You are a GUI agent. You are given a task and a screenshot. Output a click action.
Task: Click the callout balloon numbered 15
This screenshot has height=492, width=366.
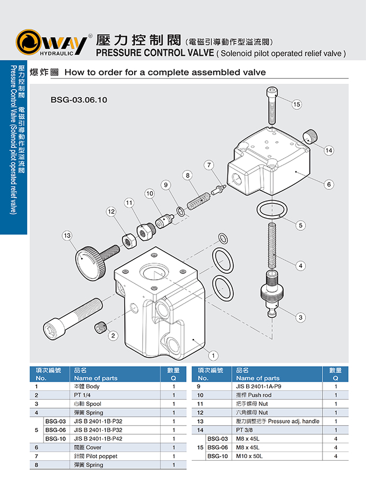(x=297, y=105)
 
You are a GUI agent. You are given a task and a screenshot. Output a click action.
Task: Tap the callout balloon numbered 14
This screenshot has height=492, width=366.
(x=329, y=151)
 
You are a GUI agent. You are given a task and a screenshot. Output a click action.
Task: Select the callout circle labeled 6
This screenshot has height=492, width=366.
(x=329, y=184)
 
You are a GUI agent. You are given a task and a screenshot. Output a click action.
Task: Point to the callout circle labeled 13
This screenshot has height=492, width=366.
(x=67, y=235)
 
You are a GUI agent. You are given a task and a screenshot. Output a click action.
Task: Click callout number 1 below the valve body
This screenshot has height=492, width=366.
(x=213, y=355)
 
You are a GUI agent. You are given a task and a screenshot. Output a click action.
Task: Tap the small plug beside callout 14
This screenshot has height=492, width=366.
(x=310, y=136)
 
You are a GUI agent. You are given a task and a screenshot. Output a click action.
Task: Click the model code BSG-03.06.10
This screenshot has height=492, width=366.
(x=79, y=99)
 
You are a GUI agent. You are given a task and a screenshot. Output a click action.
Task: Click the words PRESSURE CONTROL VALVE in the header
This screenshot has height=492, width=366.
(x=154, y=53)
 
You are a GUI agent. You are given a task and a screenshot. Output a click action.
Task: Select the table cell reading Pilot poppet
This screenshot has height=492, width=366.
(x=96, y=456)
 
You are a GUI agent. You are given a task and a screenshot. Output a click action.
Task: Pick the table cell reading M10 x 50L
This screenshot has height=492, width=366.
(x=249, y=456)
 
